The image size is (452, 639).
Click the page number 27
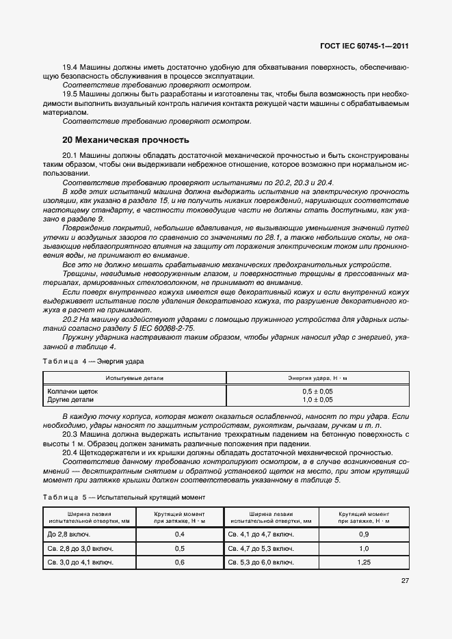[405, 582]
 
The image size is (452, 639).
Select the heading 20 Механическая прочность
[126, 140]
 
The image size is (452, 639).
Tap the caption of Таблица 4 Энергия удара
[94, 360]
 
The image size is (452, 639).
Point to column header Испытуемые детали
[135, 377]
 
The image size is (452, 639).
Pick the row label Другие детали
[70, 399]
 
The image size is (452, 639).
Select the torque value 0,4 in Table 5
[180, 534]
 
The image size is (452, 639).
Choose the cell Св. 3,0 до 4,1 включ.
[80, 562]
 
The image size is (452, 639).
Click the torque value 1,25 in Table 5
[364, 562]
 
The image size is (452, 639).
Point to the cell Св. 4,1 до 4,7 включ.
[261, 534]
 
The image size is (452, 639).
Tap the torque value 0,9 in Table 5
[364, 534]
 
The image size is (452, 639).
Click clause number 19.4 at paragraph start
[70, 68]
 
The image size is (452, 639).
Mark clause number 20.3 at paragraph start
[70, 435]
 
